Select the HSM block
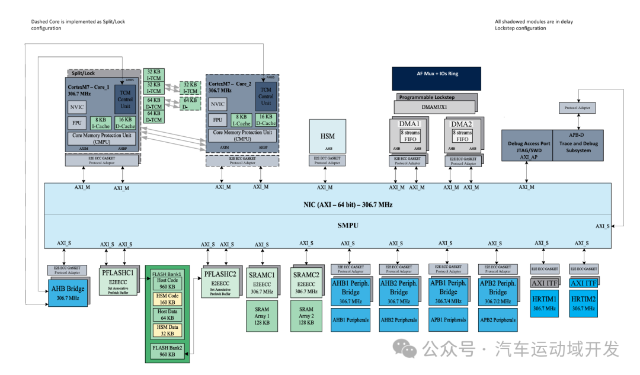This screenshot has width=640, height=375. pyautogui.click(x=327, y=136)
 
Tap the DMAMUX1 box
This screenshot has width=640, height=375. pyautogui.click(x=435, y=107)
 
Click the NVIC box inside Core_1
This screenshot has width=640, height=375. pyautogui.click(x=77, y=107)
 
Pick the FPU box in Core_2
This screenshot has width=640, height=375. pyautogui.click(x=217, y=120)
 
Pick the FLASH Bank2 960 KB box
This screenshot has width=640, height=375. pyautogui.click(x=167, y=351)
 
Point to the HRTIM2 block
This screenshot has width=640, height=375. pyautogui.click(x=583, y=303)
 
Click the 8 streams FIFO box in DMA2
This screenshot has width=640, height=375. pyautogui.click(x=461, y=136)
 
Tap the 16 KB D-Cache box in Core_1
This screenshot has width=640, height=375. pyautogui.click(x=125, y=123)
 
